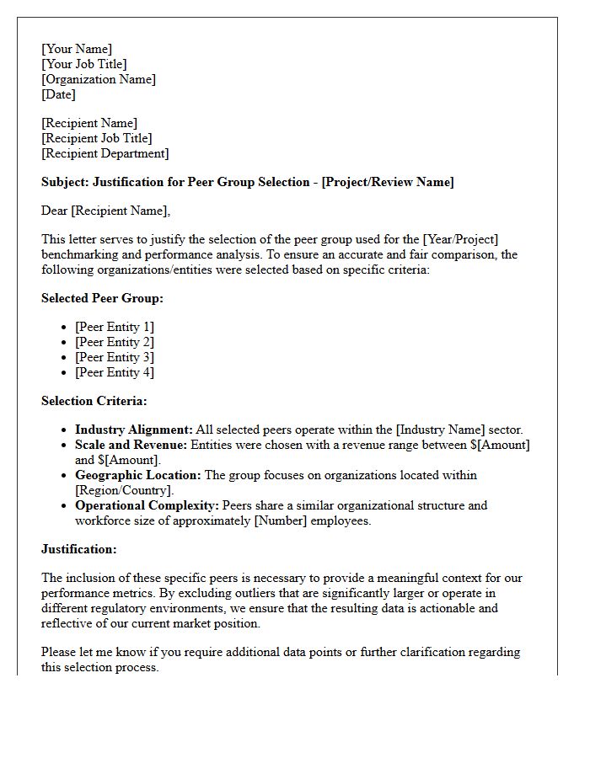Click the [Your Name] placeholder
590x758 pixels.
pos(77,49)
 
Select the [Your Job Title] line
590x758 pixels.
pos(84,64)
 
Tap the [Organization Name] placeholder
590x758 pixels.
pos(99,79)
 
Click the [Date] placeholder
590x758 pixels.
pos(58,94)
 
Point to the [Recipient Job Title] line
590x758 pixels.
pos(97,138)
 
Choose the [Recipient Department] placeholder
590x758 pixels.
pos(105,153)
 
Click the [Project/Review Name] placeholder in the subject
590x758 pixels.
pos(388,182)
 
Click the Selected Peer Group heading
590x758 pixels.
pos(102,298)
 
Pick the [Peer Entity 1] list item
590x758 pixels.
pos(115,327)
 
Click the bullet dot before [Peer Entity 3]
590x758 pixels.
pos(65,358)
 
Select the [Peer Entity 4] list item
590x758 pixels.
pos(115,372)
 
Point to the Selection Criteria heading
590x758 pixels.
pos(94,401)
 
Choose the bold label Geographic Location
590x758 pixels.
pos(138,475)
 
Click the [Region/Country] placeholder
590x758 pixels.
pos(124,490)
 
